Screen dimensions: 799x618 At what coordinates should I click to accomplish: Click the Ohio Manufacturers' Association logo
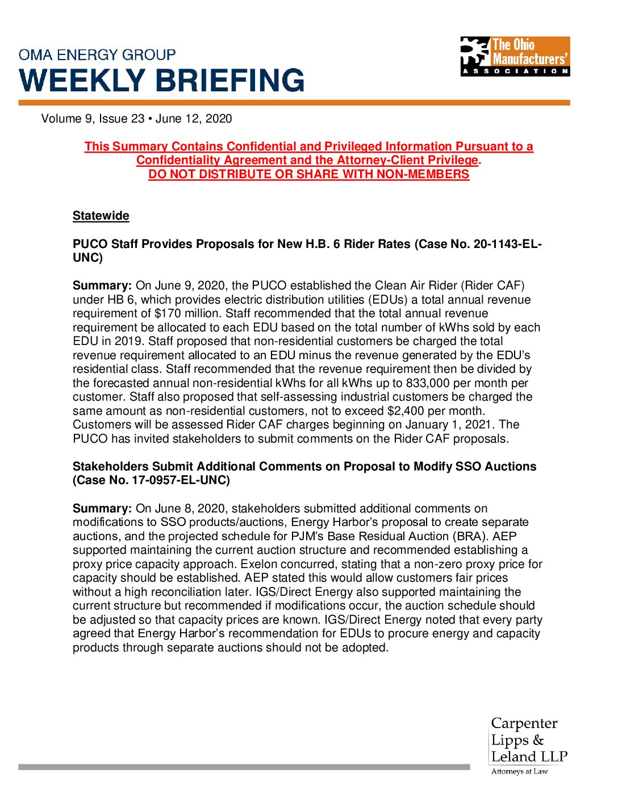click(515, 56)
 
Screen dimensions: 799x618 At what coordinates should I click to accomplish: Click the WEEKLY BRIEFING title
click(162, 80)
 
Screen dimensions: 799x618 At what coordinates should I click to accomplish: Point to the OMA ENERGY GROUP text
click(97, 55)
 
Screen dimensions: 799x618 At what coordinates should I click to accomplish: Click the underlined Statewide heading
click(101, 216)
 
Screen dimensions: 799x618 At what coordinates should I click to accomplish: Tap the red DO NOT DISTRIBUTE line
click(309, 174)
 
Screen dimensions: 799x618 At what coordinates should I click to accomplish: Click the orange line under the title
click(294, 103)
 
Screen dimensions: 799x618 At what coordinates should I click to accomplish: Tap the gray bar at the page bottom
click(244, 767)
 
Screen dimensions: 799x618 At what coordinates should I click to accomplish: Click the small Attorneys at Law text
click(519, 771)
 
